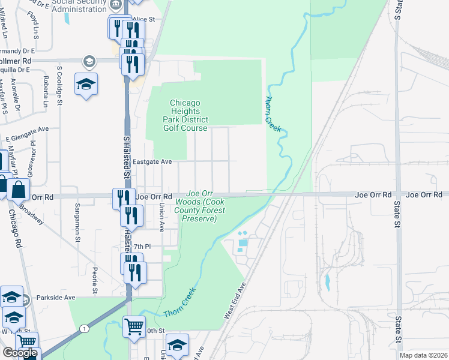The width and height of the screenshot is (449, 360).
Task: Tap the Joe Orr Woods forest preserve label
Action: pyautogui.click(x=200, y=206)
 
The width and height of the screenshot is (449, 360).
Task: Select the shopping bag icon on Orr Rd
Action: pyautogui.click(x=19, y=189)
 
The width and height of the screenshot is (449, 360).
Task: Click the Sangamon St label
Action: pyautogui.click(x=77, y=222)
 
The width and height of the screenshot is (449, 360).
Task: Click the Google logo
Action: pyautogui.click(x=20, y=353)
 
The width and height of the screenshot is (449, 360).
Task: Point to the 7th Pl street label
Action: pyautogui.click(x=141, y=247)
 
